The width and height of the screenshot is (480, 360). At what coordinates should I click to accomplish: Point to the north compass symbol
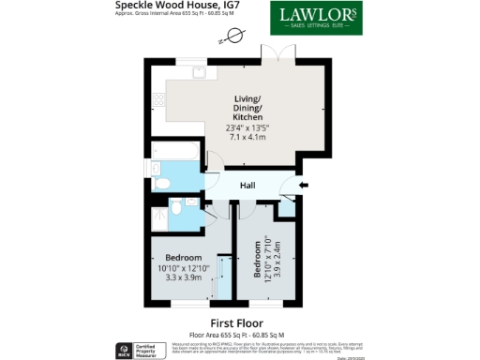(230, 37)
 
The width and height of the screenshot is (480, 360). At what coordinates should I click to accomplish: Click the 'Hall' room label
(247, 187)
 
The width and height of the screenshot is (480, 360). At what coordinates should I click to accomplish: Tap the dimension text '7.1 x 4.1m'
(247, 138)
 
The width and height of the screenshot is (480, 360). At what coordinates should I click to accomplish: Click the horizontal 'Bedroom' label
(183, 258)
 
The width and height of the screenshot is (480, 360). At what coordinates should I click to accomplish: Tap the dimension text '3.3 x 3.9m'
(183, 278)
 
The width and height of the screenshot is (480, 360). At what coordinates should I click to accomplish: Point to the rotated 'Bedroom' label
(256, 259)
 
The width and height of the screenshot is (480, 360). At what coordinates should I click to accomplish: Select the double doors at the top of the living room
(271, 55)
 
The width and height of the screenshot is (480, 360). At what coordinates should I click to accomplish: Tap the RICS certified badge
(121, 350)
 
